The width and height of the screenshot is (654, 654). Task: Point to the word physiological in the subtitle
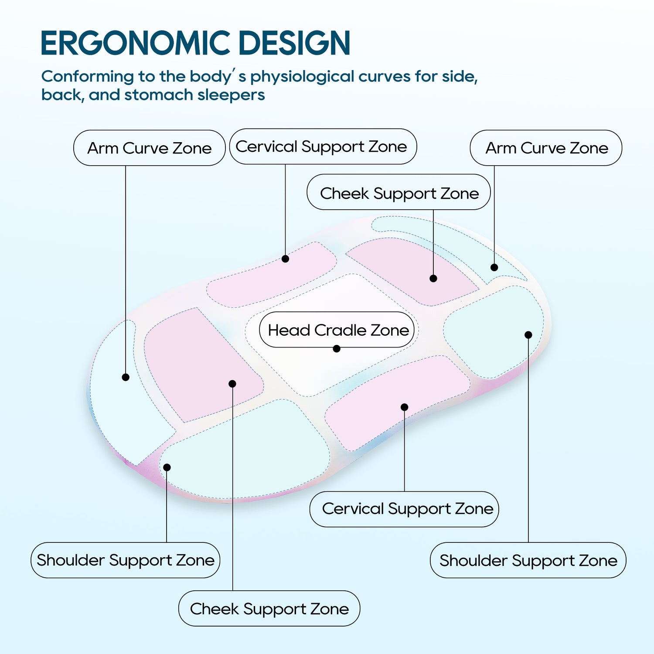click(x=302, y=77)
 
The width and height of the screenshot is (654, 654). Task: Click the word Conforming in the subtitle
click(x=87, y=76)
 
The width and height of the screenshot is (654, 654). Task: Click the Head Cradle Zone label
click(x=338, y=330)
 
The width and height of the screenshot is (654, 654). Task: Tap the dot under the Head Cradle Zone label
click(x=337, y=349)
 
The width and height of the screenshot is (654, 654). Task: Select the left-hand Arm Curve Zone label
click(x=149, y=148)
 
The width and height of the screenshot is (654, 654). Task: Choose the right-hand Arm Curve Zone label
click(x=546, y=148)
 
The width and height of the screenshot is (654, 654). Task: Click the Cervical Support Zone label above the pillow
click(x=322, y=146)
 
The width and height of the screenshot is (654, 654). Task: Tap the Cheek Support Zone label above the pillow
click(x=399, y=193)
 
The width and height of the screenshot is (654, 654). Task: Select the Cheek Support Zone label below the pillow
click(x=269, y=609)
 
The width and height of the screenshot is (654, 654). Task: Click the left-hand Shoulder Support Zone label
click(x=126, y=560)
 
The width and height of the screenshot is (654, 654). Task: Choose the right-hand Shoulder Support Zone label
click(x=528, y=560)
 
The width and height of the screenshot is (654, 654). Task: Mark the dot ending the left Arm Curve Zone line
click(x=126, y=377)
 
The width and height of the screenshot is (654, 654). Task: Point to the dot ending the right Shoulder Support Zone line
click(x=528, y=335)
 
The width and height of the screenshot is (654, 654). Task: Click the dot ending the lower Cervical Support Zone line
click(x=405, y=407)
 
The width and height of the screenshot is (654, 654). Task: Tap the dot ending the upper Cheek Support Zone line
click(x=433, y=278)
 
